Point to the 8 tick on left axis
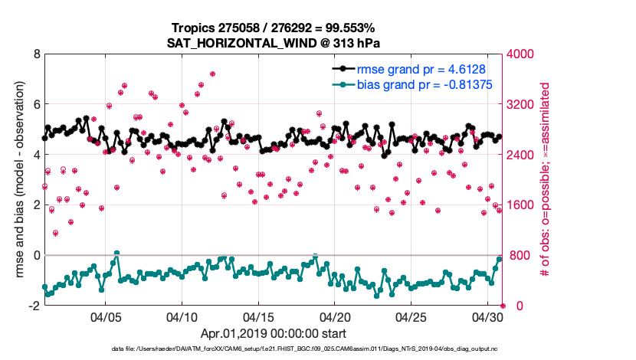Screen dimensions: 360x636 click(35, 54)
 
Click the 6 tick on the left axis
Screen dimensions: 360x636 click(35, 104)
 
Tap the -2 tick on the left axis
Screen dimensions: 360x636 click(33, 306)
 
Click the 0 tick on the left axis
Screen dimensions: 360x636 click(35, 255)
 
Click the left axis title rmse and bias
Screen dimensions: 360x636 click(17, 180)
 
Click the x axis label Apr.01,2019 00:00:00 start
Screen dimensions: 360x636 click(274, 333)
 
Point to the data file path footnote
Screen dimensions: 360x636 click(305, 349)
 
